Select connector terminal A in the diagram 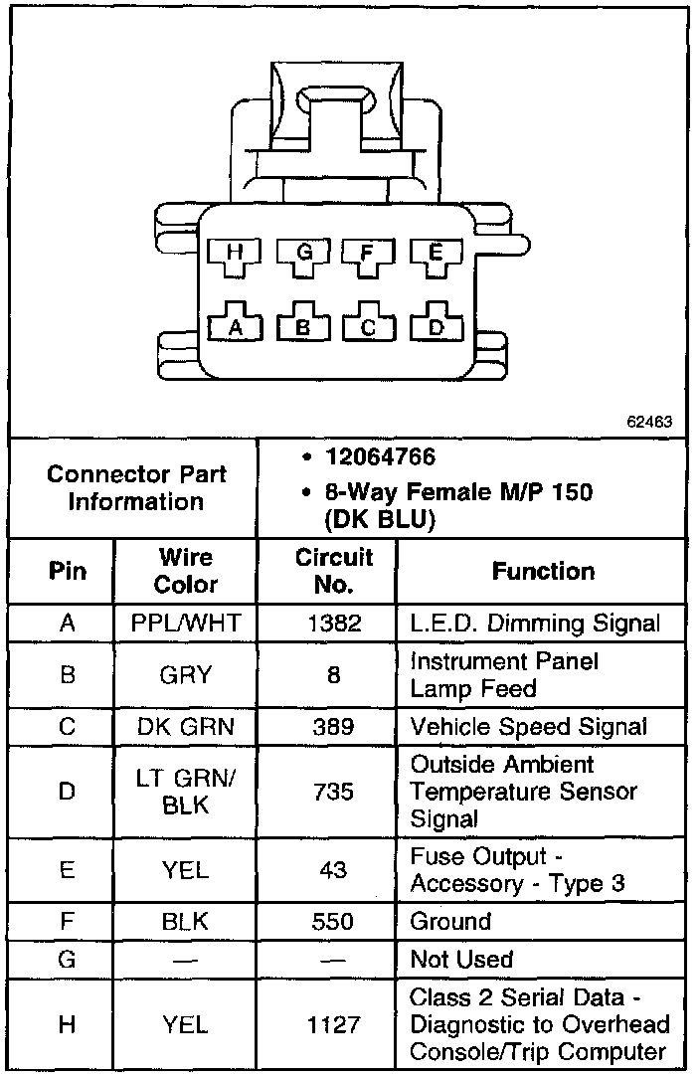235,325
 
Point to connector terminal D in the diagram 436,325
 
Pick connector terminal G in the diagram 302,256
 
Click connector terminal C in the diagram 369,325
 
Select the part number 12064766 380,457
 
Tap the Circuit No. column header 333,571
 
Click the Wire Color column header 185,571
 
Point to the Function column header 543,571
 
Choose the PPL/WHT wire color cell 185,625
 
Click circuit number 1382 333,625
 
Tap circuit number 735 333,792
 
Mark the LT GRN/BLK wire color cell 185,792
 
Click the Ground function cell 450,922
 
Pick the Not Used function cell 461,960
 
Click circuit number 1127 333,1024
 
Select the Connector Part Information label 136,487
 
